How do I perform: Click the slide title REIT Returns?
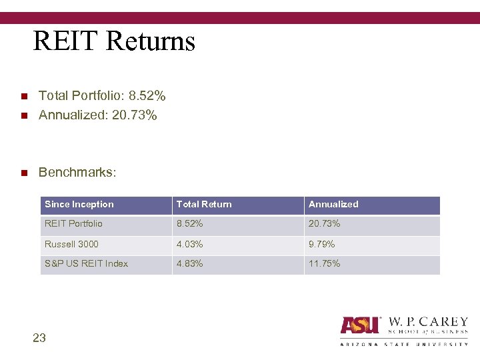[x=114, y=41]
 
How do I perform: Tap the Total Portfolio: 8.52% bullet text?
[x=102, y=97]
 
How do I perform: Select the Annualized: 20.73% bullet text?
[x=98, y=116]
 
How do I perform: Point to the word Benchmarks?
[x=77, y=173]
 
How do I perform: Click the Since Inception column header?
[x=79, y=205]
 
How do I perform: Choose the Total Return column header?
[x=204, y=205]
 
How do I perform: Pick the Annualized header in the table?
[x=333, y=205]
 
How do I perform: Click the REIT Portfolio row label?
[x=73, y=224]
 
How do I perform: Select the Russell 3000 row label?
[x=71, y=244]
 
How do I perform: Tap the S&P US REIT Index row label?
[x=86, y=263]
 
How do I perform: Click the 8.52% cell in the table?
[x=190, y=224]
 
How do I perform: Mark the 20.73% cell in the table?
[x=324, y=224]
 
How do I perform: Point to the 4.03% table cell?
[x=190, y=244]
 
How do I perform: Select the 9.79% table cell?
[x=321, y=244]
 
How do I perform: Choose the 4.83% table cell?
[x=190, y=263]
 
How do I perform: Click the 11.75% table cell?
[x=324, y=263]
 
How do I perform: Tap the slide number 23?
[x=39, y=338]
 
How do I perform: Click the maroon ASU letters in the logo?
[x=360, y=325]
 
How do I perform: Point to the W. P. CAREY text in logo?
[x=427, y=322]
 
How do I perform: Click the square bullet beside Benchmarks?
[x=23, y=173]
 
